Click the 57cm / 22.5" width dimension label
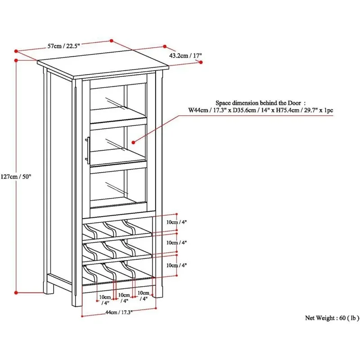61,46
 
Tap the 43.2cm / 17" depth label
186,56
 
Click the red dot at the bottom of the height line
16,292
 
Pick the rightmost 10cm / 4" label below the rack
143,296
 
